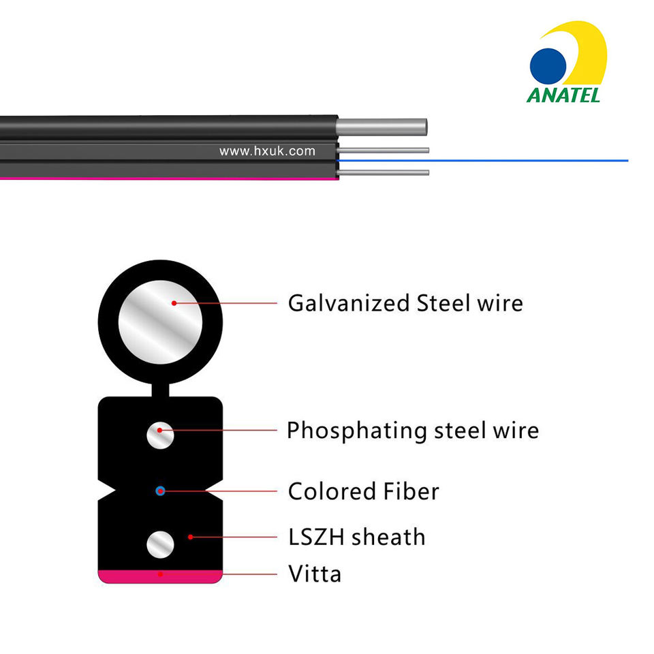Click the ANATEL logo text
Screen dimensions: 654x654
click(563, 93)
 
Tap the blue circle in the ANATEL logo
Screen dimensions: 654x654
click(548, 65)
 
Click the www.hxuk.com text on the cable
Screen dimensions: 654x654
click(267, 151)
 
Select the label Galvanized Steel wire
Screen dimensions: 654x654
click(405, 303)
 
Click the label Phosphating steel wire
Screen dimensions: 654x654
click(412, 431)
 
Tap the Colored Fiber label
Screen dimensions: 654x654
click(363, 491)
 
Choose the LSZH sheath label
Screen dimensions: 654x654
click(356, 537)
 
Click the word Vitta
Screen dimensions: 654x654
click(315, 574)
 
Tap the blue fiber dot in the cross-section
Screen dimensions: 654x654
click(160, 490)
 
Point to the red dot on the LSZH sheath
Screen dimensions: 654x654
click(190, 537)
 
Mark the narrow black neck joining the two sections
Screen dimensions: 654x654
click(161, 390)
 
